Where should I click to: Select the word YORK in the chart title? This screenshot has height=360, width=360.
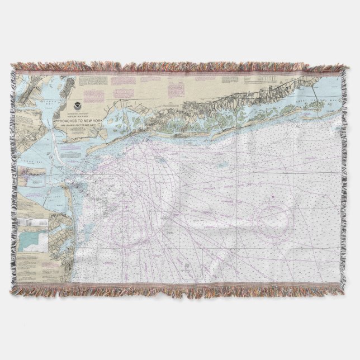pos(96,120)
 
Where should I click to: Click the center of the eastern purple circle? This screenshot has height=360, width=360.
pos(270,217)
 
